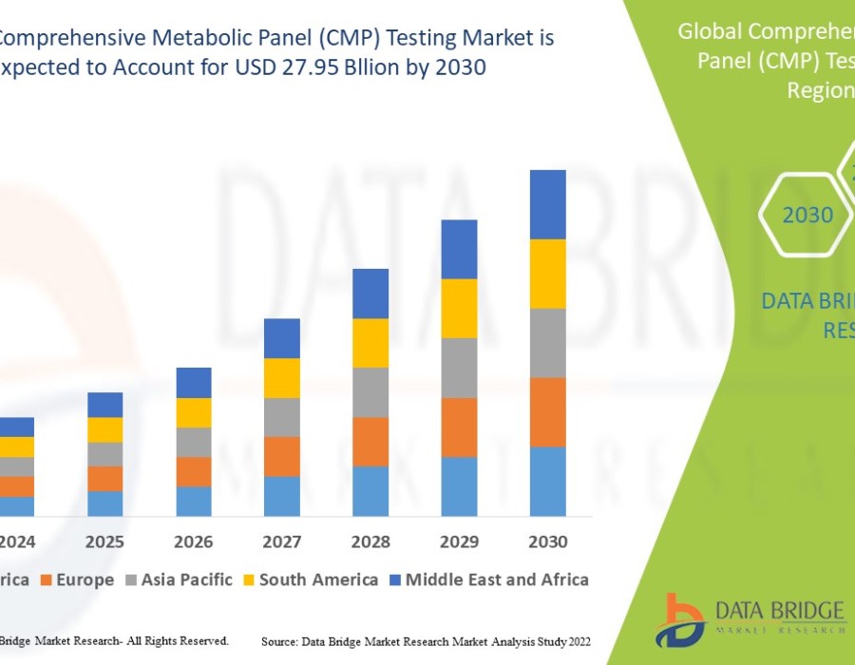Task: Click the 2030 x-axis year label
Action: (x=547, y=542)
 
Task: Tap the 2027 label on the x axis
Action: (x=281, y=542)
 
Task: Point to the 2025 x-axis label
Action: (x=104, y=542)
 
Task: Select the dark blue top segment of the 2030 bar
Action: (x=547, y=204)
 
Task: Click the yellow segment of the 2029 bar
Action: (x=459, y=308)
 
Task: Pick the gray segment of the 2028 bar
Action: (x=370, y=392)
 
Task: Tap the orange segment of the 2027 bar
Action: (x=281, y=456)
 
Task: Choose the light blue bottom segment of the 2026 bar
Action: (x=193, y=502)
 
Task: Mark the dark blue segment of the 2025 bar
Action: (x=104, y=405)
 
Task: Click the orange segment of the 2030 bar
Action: (x=547, y=412)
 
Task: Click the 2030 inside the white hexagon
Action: (x=807, y=216)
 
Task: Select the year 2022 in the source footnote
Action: (x=575, y=642)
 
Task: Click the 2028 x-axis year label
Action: (x=370, y=542)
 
